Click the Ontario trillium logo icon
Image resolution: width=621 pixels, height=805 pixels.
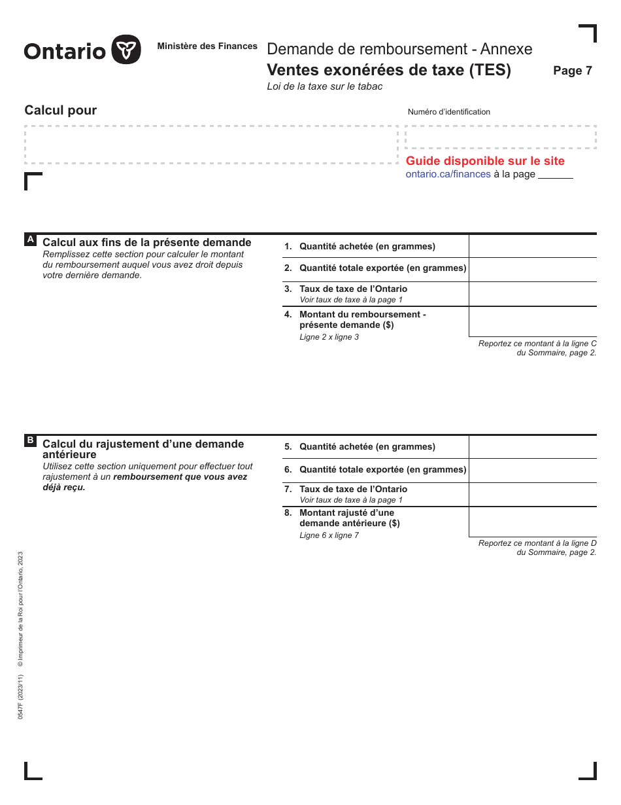coord(126,50)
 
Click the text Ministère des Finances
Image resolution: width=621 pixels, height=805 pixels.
coord(207,46)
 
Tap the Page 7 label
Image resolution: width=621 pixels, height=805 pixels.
coord(572,71)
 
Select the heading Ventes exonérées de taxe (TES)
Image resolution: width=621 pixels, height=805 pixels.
coord(389,70)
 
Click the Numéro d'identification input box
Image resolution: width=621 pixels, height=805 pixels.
coord(500,137)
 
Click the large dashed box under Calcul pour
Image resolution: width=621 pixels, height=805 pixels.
coord(210,145)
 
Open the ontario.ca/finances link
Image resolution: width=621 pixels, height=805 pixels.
coord(448,174)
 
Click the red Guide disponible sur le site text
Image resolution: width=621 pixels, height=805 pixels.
coord(485,161)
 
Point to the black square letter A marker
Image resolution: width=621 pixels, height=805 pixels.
coord(30,240)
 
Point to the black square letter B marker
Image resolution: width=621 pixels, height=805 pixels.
coord(30,440)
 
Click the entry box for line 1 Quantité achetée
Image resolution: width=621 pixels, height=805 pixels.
coord(532,247)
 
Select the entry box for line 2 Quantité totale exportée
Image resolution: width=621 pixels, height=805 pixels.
coord(532,270)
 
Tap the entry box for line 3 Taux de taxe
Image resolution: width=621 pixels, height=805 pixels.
coord(532,294)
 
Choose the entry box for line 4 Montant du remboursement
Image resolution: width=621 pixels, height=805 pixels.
coord(532,321)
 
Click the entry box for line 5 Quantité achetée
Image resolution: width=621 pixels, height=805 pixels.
coord(532,447)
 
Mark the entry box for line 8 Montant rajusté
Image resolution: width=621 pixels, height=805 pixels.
coord(532,522)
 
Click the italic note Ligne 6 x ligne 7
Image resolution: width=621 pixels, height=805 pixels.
coord(329,535)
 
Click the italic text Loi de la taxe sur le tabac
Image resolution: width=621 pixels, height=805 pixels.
coord(324,86)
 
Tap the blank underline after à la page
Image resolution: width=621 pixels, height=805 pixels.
coord(555,175)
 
